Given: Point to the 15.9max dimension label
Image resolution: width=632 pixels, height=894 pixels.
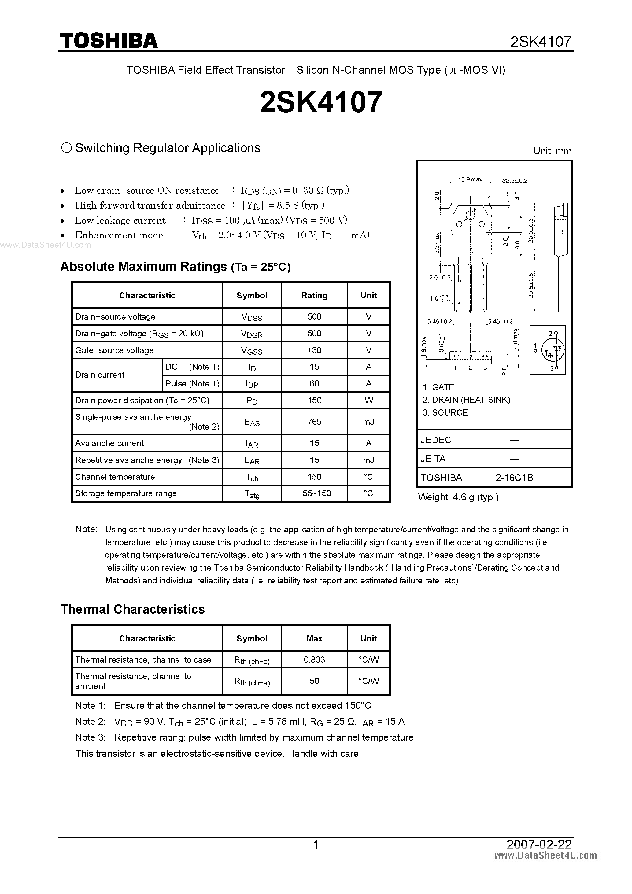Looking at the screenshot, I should point(470,179).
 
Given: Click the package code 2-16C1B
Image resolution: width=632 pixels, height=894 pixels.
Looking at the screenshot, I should point(514,478).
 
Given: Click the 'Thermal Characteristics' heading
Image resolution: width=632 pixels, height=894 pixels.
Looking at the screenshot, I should point(132,609).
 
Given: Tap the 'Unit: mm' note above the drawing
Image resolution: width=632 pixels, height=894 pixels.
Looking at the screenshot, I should point(552,151).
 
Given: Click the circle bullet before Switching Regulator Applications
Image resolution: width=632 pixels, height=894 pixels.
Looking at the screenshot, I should point(67,148).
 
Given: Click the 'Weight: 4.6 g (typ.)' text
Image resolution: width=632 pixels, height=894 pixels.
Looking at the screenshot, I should point(458,497).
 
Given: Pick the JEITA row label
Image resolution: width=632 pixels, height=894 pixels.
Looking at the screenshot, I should point(433,459).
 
